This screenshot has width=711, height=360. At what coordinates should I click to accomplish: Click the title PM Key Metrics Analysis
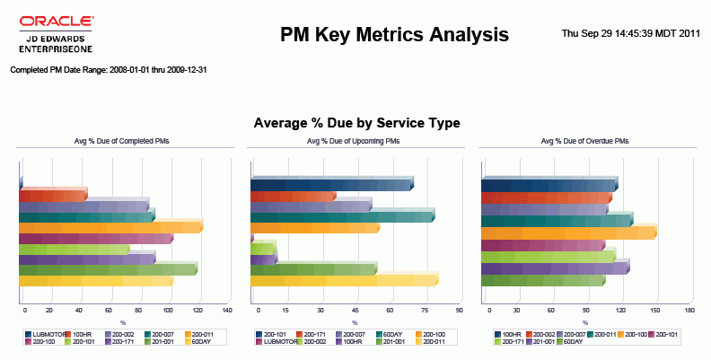point(394,35)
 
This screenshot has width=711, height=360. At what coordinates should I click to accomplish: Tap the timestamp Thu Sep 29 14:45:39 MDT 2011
point(630,33)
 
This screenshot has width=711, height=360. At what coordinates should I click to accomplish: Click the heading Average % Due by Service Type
point(356,123)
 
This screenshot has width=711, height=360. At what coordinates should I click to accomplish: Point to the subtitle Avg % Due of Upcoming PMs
point(356,141)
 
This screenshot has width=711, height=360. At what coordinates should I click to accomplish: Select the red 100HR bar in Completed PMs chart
point(52,196)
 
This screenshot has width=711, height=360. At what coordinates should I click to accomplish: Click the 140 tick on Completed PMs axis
point(227,310)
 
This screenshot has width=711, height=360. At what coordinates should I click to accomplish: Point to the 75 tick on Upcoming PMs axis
point(424,310)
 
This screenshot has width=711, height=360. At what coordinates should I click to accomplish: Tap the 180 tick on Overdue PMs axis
point(689,310)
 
